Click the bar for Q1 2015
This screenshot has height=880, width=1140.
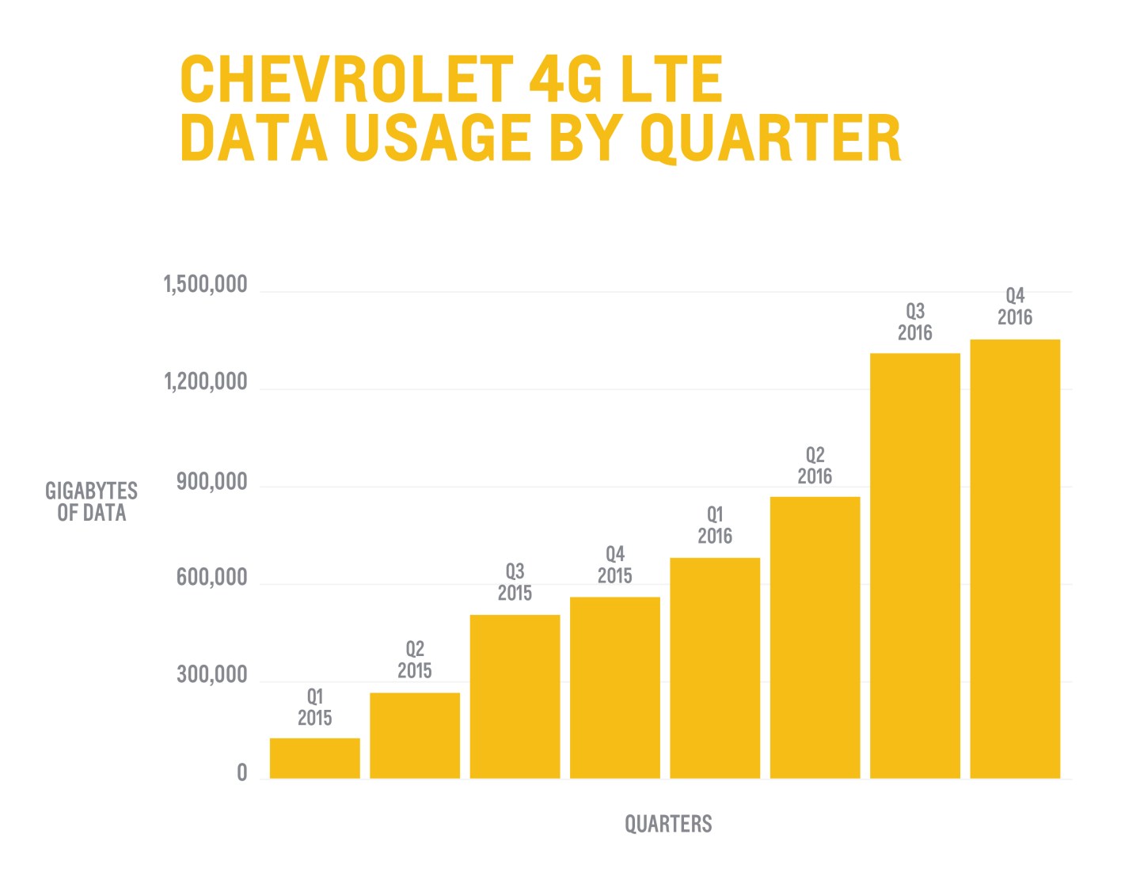[x=314, y=758]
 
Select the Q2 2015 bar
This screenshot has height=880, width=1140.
[x=415, y=736]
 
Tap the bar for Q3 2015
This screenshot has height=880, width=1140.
[x=515, y=696]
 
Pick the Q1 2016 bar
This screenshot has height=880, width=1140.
[x=715, y=668]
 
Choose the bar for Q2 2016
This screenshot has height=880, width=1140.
[x=815, y=637]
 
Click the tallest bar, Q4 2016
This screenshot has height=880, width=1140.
[x=1015, y=559]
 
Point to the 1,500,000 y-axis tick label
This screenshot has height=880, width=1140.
[x=205, y=284]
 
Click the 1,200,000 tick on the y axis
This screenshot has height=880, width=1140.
[x=205, y=382]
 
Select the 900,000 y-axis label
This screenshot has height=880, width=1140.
[x=211, y=481]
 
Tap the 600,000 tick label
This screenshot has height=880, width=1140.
[x=211, y=578]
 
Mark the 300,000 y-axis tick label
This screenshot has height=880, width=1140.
[x=211, y=675]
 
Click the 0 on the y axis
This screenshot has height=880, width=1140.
[x=242, y=773]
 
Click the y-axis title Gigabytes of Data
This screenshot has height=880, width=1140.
[x=91, y=502]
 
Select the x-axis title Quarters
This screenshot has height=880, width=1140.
[x=668, y=824]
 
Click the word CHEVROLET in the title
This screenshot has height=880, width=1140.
[x=345, y=79]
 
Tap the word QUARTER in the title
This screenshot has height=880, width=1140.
[x=769, y=138]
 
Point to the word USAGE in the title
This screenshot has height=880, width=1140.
[x=438, y=138]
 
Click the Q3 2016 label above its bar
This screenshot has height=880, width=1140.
[x=914, y=322]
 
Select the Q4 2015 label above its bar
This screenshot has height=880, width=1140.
[x=615, y=565]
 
